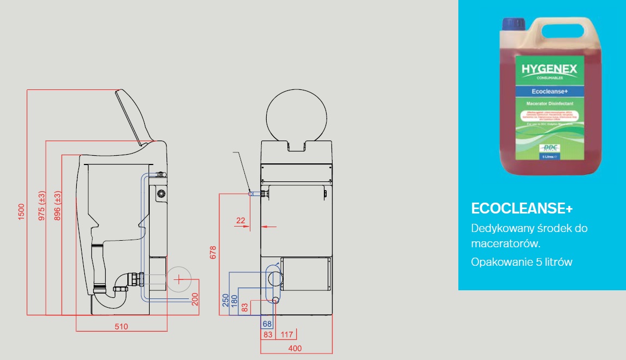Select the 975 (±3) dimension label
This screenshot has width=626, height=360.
(42, 205)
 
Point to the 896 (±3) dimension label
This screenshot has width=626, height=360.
(57, 205)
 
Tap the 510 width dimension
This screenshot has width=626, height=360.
(121, 327)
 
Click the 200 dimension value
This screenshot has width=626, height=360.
(194, 300)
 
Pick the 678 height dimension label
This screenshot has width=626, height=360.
(213, 252)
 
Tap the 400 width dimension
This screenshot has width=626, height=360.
(294, 349)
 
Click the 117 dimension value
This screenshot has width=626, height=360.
(287, 335)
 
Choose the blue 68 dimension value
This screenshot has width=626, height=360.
(267, 325)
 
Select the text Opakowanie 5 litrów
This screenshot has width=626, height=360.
(521, 262)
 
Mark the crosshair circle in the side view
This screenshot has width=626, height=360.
(178, 279)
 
